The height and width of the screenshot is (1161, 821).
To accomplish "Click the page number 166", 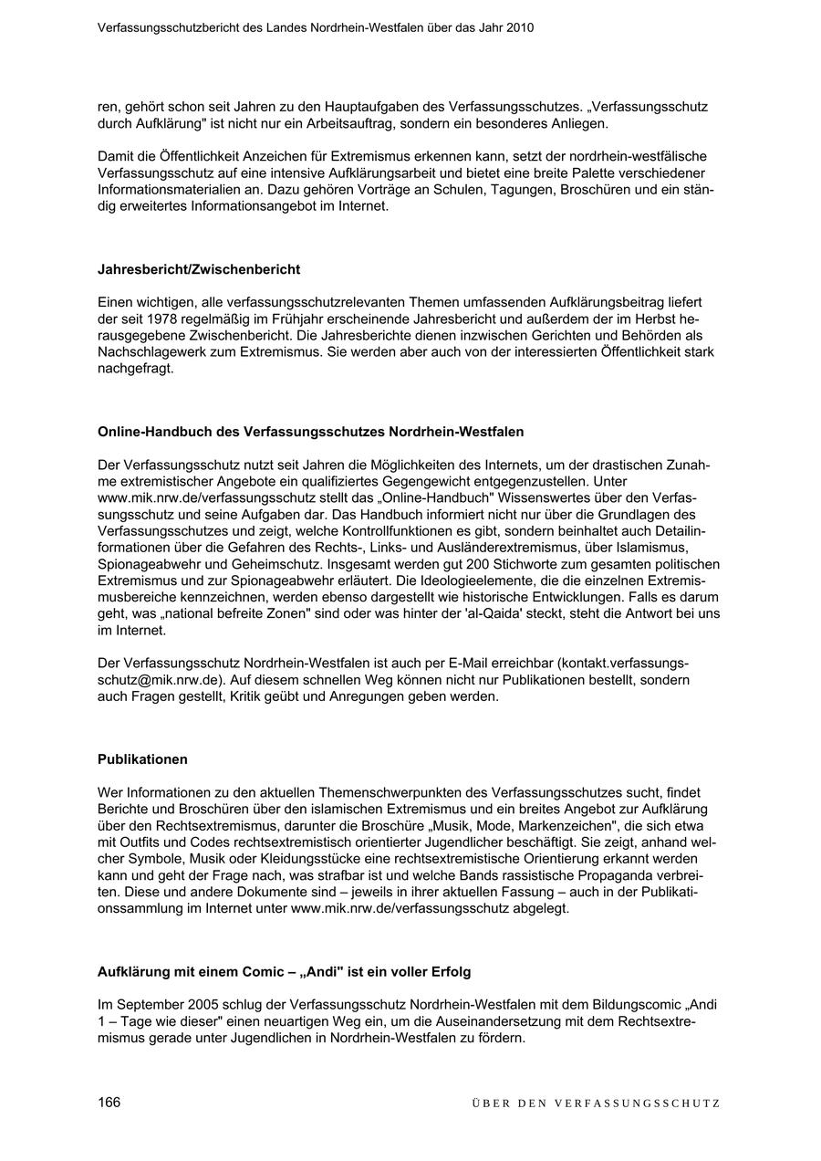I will (109, 1102).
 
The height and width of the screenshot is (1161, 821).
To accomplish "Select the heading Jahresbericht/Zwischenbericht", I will (199, 269).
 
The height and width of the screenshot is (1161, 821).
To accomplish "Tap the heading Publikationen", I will (142, 759).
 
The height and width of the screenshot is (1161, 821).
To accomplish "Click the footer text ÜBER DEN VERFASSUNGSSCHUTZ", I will (596, 1103).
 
